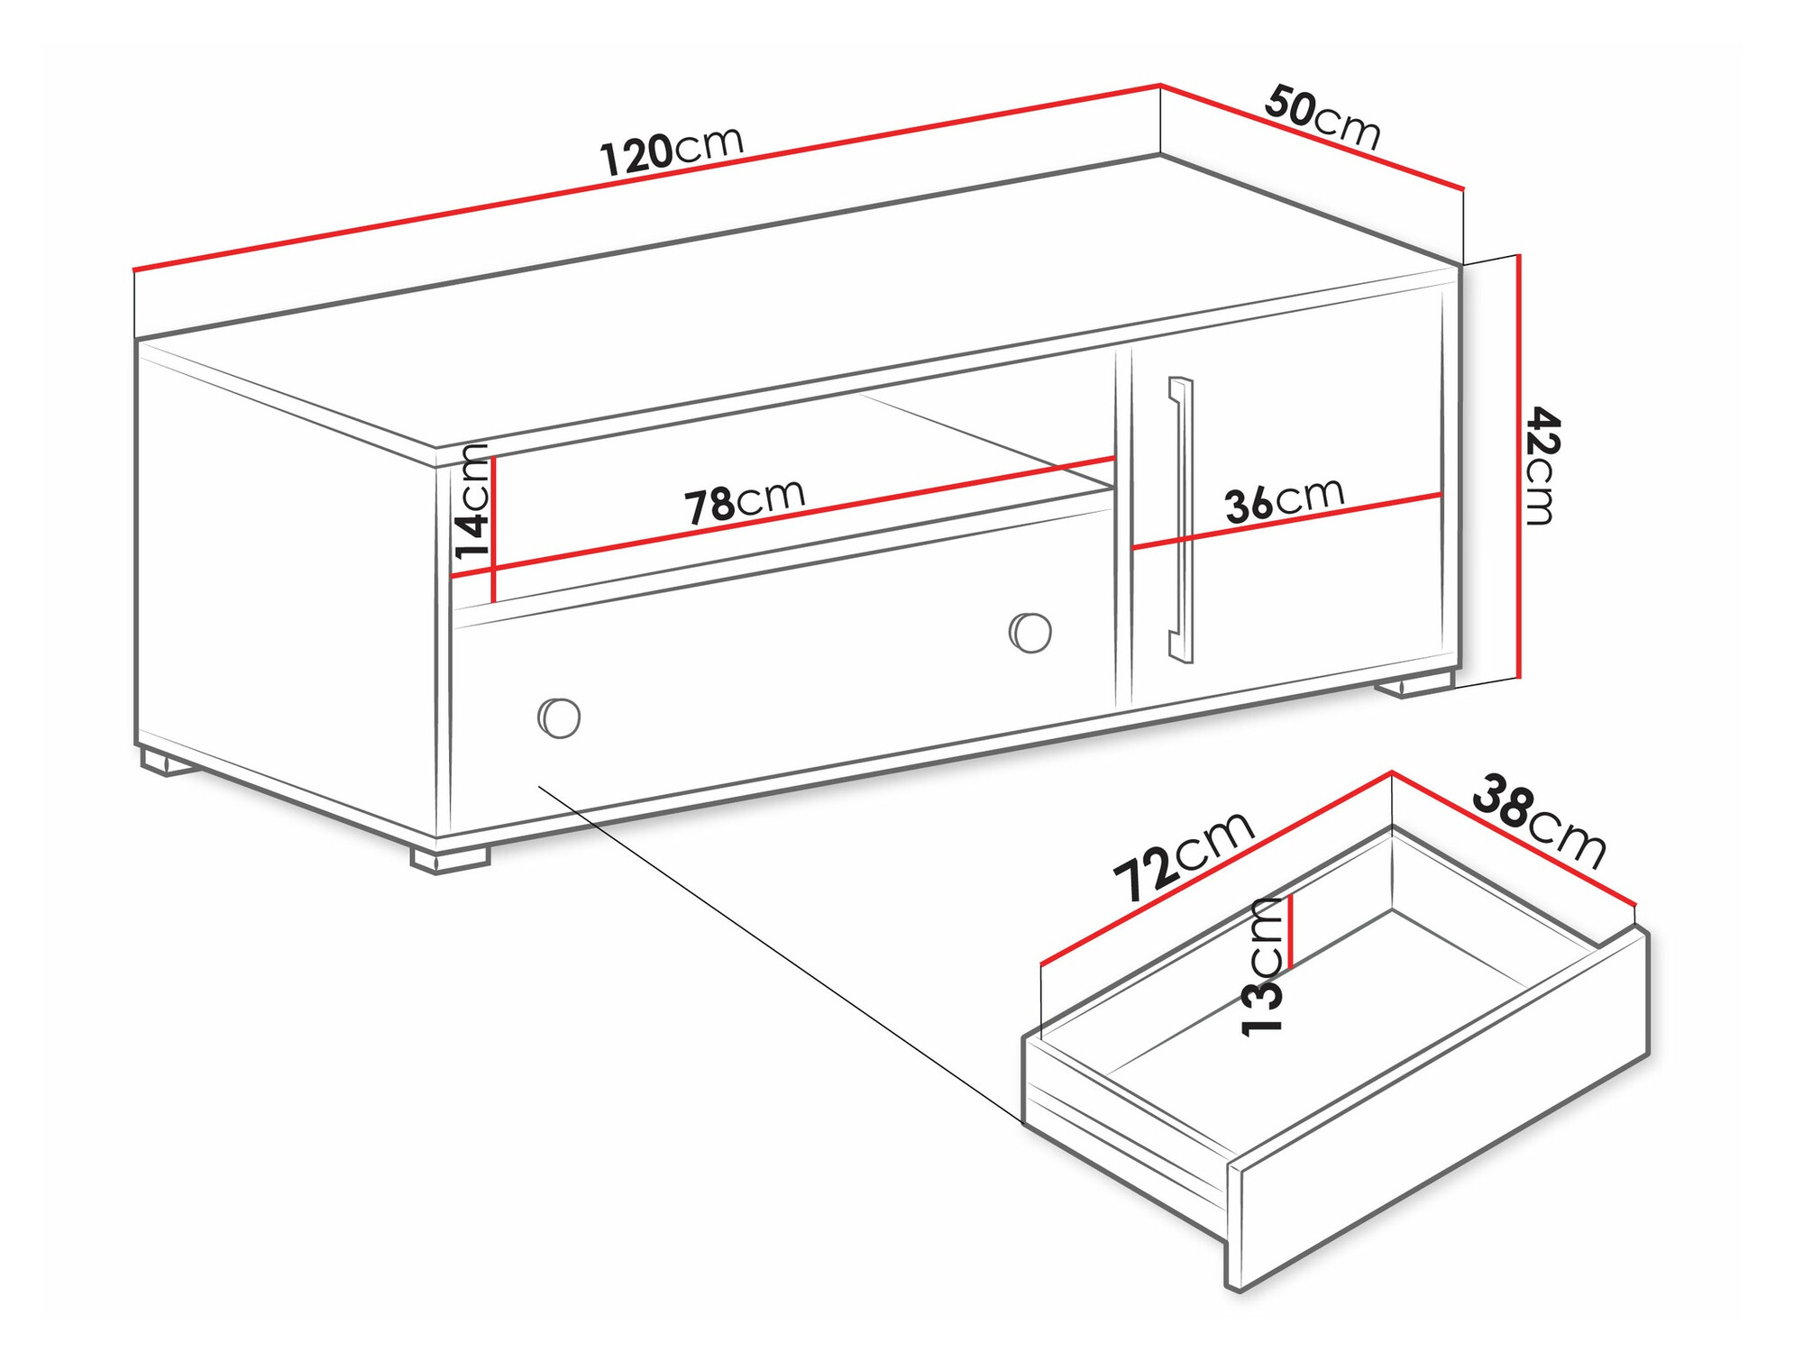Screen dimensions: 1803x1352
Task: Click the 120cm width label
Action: point(672,149)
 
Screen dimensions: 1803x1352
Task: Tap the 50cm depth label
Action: point(1323,117)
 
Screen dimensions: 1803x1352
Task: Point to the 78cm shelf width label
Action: point(744,501)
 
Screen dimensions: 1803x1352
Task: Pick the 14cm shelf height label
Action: point(471,501)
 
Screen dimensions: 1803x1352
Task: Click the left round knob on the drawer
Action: point(559,717)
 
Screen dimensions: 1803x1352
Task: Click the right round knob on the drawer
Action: point(1030,632)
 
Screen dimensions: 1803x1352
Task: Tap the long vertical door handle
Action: point(1181,519)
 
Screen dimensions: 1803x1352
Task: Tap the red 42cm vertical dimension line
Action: point(1519,465)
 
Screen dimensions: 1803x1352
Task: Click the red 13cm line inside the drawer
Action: point(1291,931)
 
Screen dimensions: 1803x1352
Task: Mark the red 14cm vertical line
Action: point(493,529)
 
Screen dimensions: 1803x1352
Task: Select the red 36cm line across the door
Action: point(1286,520)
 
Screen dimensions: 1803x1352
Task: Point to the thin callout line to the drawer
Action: point(781,955)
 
